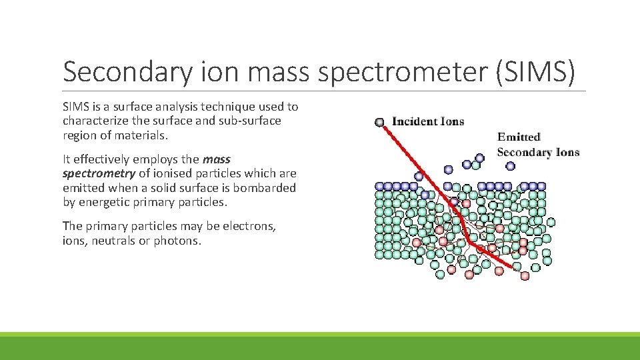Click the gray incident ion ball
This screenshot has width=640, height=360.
coord(380,122)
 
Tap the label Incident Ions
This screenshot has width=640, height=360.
coord(428,121)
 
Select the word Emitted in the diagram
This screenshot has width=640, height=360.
coord(519,137)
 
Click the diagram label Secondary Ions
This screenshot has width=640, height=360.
coord(538,152)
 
